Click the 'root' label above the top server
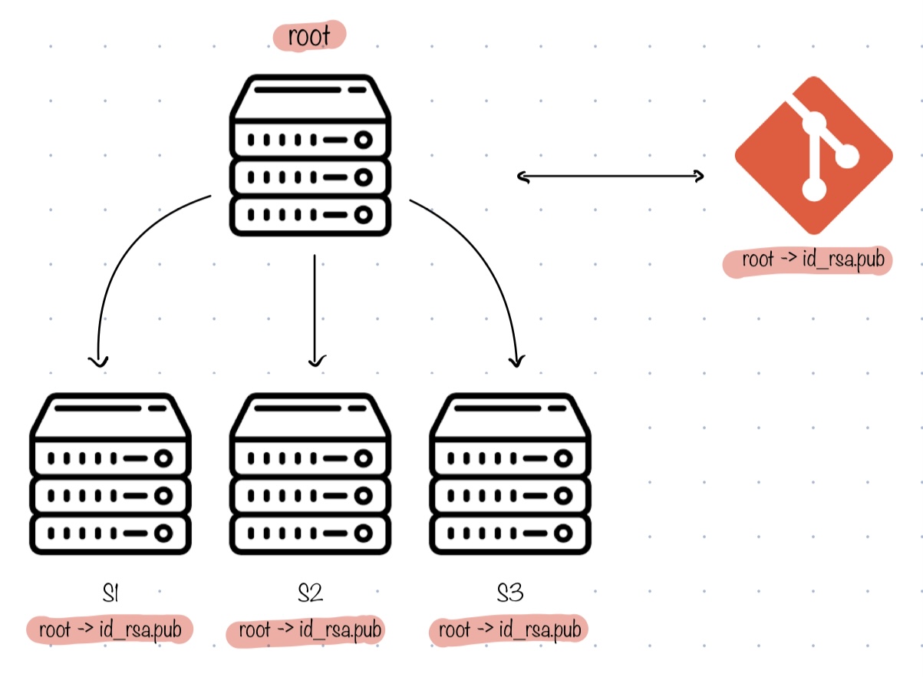point(309,36)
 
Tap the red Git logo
point(813,156)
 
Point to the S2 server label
point(310,593)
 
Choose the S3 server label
point(510,593)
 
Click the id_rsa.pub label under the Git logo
point(806,260)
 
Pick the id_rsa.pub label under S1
point(109,629)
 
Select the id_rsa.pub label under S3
point(508,630)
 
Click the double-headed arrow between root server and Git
point(611,177)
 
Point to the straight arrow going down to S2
point(315,307)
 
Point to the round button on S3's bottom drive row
point(563,532)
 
